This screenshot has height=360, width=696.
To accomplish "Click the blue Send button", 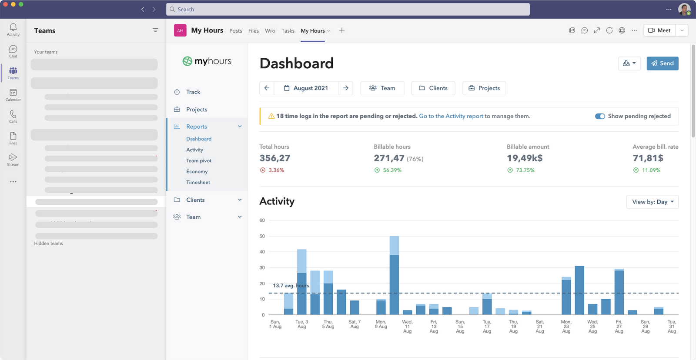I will click(662, 63).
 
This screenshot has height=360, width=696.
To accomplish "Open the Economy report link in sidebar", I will click(197, 172).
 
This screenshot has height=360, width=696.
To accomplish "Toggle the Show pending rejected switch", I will click(600, 116).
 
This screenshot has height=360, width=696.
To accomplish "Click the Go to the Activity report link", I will click(451, 116).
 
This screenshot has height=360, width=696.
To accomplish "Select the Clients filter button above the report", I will click(433, 88).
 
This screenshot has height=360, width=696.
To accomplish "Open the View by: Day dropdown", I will click(652, 202).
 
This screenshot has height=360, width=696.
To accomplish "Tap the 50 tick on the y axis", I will click(262, 237).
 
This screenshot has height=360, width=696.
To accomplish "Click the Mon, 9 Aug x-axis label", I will click(381, 324).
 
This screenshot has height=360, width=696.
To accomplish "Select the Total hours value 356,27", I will click(274, 158).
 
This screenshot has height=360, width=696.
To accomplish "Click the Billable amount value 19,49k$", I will click(524, 158).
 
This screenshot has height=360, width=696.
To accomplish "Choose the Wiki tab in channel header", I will click(270, 31).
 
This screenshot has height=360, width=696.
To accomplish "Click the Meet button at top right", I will click(659, 30).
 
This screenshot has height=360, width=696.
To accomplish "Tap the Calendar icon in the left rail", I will click(13, 94).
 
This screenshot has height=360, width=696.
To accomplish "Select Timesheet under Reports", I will click(198, 183).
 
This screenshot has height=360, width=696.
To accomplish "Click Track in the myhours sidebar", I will click(193, 92).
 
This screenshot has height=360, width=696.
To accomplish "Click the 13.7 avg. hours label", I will click(291, 286).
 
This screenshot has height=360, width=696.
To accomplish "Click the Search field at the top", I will click(348, 10).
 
